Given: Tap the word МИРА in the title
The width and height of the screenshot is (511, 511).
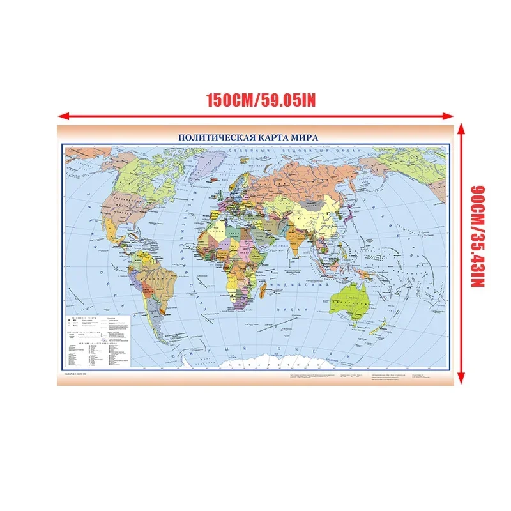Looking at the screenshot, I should coord(304,137).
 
